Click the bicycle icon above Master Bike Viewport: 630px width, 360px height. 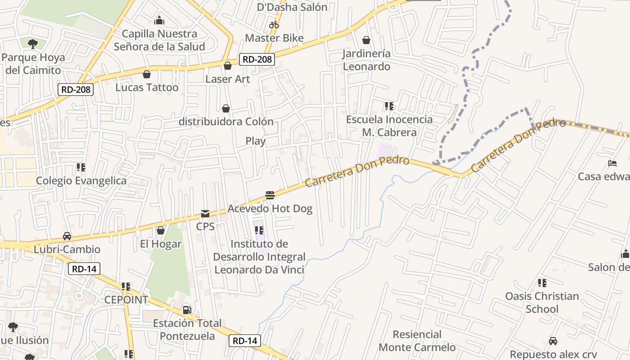(274, 25)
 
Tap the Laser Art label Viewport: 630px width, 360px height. (228, 79)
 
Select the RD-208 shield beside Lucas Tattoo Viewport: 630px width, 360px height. (76, 90)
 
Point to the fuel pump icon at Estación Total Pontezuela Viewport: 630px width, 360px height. (187, 310)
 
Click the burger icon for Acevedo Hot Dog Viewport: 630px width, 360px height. (270, 195)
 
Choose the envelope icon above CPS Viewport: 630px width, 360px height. (205, 213)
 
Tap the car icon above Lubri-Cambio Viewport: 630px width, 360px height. (67, 236)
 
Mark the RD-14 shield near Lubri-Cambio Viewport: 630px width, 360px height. (84, 269)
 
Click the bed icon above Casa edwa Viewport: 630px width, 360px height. (612, 163)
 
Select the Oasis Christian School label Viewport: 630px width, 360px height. (542, 302)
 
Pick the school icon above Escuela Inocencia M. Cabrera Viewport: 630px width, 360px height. (389, 106)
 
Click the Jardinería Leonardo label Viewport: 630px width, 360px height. (366, 60)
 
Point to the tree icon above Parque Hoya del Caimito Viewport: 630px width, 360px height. (32, 44)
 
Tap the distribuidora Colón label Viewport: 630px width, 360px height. (226, 121)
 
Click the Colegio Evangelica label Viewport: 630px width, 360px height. (81, 180)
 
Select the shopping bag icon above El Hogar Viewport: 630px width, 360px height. (161, 230)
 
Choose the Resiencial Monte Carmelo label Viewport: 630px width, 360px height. (417, 341)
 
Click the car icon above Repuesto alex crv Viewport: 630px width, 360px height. (553, 341)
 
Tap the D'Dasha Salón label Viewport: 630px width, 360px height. (292, 7)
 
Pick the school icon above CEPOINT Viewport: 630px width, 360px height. (126, 286)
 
